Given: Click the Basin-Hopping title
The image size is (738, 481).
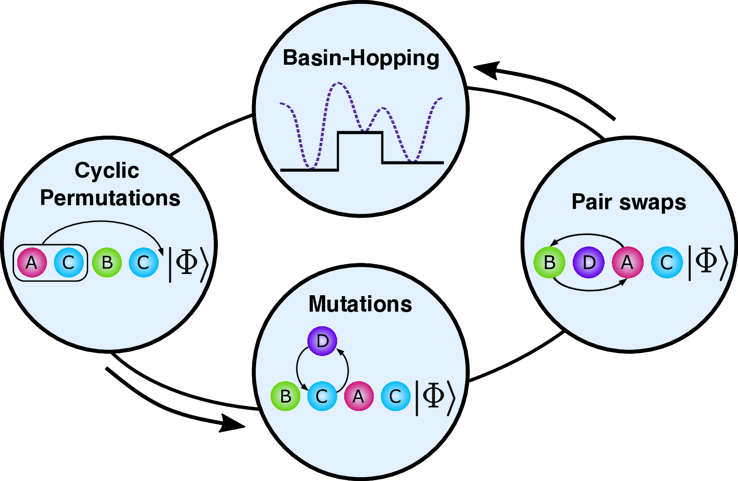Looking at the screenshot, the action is (361, 59).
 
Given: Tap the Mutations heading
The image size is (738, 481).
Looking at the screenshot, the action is (360, 304).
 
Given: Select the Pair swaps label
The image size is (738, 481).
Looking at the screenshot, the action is (629, 202).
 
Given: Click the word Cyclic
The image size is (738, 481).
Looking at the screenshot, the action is (107, 171).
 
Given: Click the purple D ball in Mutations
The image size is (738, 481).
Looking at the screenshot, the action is (322, 341).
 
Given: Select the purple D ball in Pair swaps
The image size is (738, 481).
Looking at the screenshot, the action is (588, 262).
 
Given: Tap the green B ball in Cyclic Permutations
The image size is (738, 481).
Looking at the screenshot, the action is (107, 262).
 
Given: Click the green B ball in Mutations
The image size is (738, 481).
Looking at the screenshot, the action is (285, 396).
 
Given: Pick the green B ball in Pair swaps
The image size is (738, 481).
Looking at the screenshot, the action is (549, 262).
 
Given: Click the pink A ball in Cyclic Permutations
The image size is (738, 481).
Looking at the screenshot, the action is (31, 262).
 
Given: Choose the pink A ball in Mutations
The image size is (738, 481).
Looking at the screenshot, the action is (359, 396).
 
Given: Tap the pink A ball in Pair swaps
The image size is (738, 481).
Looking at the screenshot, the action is (628, 262).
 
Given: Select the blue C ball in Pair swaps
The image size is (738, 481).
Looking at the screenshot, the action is (667, 262).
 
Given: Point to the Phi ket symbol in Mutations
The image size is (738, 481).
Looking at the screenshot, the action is (435, 398).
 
